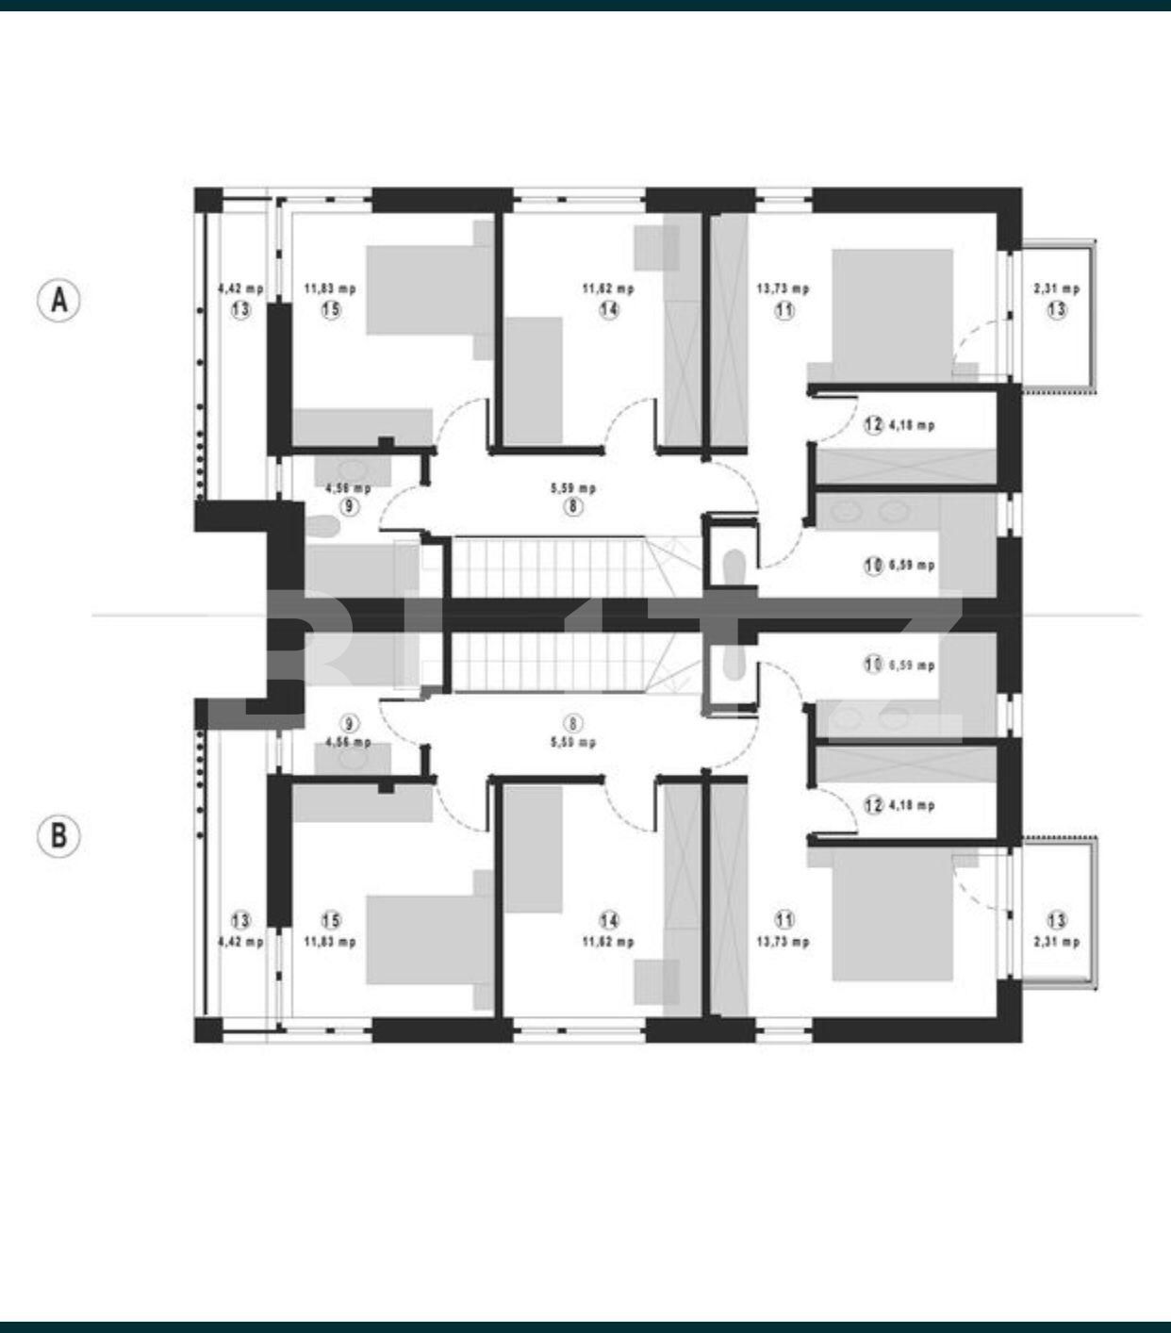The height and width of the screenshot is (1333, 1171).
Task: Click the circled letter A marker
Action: coord(58,300)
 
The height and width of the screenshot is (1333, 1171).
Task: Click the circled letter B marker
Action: coord(58,835)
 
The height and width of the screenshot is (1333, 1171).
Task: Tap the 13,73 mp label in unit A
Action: coord(783,288)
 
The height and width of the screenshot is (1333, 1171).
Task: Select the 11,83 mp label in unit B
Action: coord(330,941)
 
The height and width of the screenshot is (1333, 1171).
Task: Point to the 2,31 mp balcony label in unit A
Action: coord(1056,288)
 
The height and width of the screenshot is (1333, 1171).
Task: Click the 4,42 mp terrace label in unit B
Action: coord(240,941)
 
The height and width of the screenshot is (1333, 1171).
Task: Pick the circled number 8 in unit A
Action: coord(573,506)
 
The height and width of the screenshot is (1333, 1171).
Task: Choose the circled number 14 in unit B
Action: coord(609,920)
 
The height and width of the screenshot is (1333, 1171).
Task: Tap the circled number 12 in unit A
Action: coord(873,425)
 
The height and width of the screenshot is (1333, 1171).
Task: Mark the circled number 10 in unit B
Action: coord(873,665)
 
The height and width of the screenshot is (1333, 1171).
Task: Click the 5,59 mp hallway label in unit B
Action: coord(573,742)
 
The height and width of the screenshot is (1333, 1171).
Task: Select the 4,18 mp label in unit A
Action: coord(912,425)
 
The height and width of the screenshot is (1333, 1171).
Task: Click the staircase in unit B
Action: coord(547,662)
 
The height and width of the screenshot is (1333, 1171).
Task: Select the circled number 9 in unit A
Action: coord(350,506)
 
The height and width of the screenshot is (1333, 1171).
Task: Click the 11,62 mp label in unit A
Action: coord(608,288)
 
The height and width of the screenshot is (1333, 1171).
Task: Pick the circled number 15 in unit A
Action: coord(331,309)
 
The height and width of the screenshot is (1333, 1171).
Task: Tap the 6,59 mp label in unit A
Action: coord(912,566)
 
